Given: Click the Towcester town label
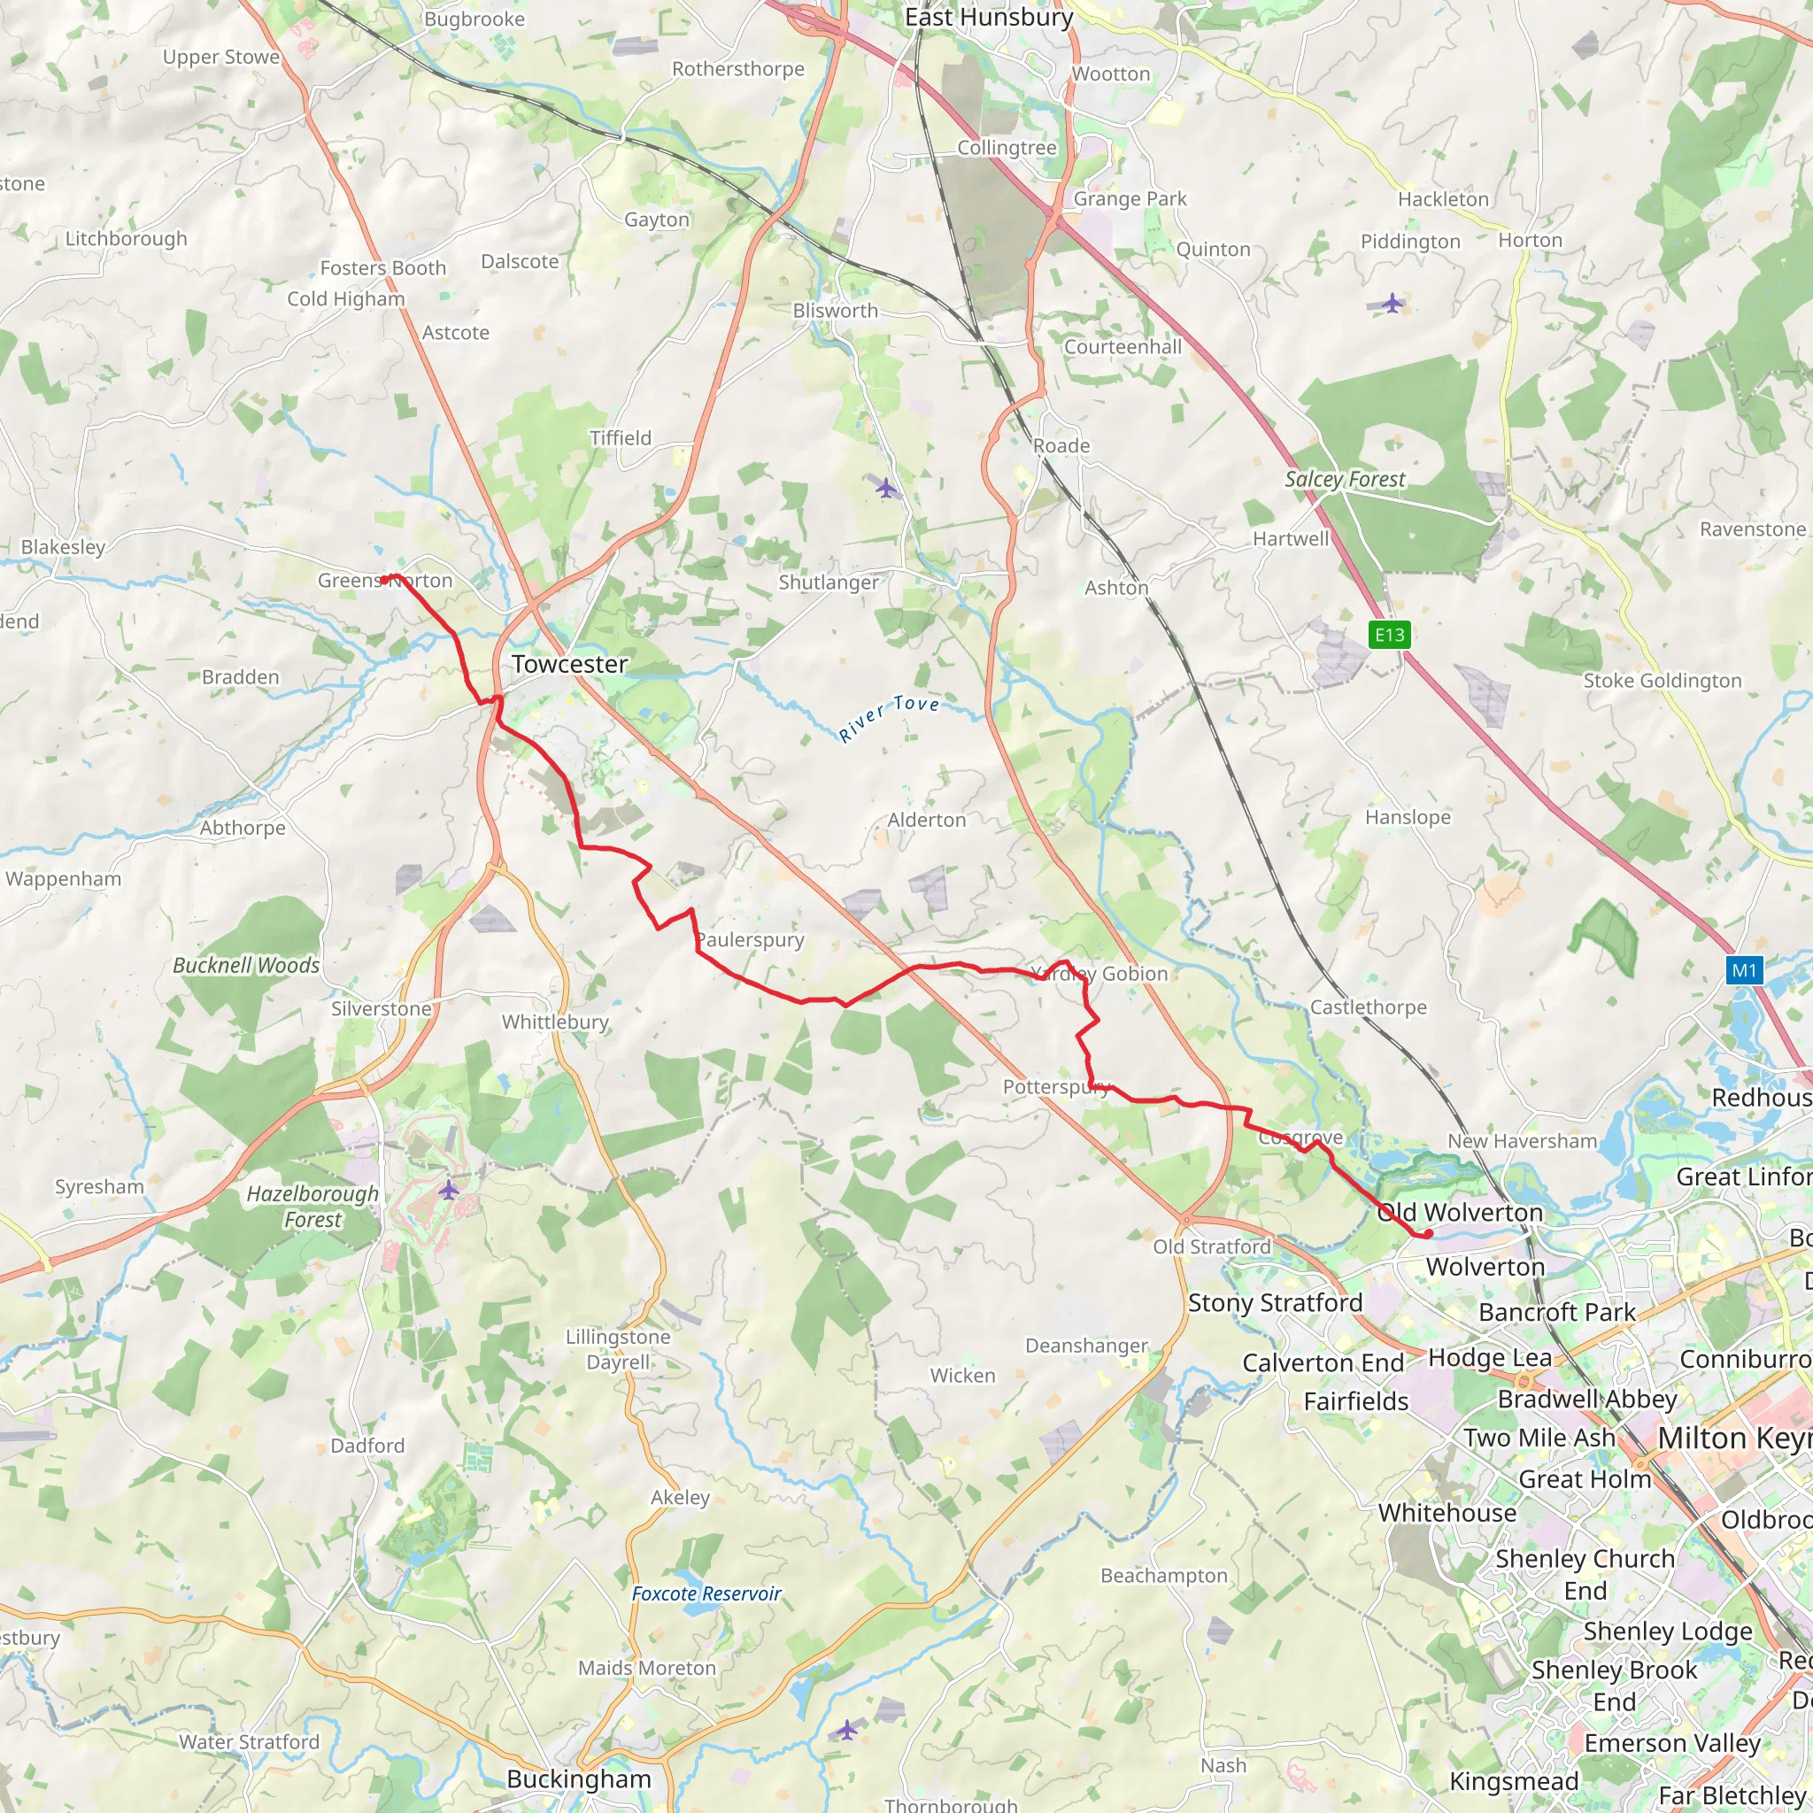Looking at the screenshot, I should click(569, 665).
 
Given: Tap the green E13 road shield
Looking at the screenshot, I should click(1390, 636).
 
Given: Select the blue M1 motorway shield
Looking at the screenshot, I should click(1744, 970).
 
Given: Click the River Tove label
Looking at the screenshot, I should click(889, 718).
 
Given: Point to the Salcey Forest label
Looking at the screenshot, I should click(1345, 480).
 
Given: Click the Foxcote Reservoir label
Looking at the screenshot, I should click(706, 1593).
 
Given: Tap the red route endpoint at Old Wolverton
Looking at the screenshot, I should click(1428, 1234).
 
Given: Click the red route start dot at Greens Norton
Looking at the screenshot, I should click(384, 580).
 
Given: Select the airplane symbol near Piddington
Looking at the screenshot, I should click(1393, 303).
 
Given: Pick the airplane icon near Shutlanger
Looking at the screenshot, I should click(886, 488).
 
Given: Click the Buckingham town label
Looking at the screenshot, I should click(578, 1779).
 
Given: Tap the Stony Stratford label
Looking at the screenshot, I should click(1276, 1302).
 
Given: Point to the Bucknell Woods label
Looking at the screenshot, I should click(246, 966).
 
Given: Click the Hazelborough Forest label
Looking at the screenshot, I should click(312, 1207).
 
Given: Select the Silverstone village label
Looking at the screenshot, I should click(381, 1009).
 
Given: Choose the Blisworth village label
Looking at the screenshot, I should click(835, 311).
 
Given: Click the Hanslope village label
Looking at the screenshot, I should click(1408, 817).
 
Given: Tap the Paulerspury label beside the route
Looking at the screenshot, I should click(750, 940).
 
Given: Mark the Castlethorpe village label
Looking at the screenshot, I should click(1369, 1007).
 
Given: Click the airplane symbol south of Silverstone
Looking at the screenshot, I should click(449, 1190).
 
